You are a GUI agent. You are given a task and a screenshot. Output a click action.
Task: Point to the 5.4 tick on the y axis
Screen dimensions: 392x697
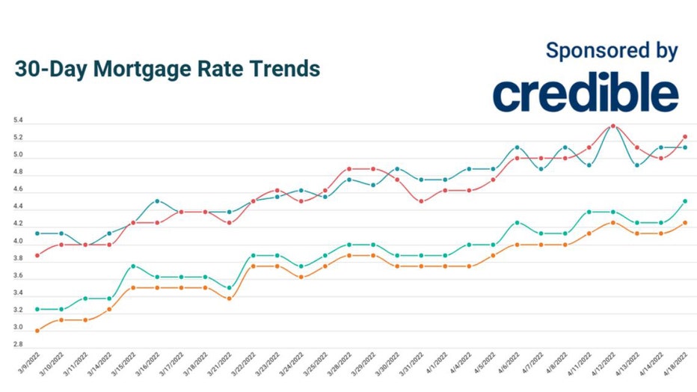17,120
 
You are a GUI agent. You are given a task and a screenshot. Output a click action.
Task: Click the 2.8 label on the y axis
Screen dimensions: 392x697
17,345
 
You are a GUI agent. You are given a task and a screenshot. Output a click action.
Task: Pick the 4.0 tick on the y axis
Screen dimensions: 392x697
17,242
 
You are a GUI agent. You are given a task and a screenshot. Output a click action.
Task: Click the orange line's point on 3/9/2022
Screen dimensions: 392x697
37,331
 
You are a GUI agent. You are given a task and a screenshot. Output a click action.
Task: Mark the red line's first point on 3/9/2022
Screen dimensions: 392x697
37,255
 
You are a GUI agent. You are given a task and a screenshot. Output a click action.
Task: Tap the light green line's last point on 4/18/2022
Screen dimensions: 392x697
684,201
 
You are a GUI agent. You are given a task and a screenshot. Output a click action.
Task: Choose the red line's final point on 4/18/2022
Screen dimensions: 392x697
684,137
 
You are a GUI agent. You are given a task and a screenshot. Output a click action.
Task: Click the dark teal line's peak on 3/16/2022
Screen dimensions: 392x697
157,201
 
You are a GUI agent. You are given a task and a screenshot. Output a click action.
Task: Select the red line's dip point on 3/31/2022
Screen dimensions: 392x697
421,201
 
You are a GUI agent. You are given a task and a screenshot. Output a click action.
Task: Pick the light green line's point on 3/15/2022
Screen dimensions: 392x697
133,266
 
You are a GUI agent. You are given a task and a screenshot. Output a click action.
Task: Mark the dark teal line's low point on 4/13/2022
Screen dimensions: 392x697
636,165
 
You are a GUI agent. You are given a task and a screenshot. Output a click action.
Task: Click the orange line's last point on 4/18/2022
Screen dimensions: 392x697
684,222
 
